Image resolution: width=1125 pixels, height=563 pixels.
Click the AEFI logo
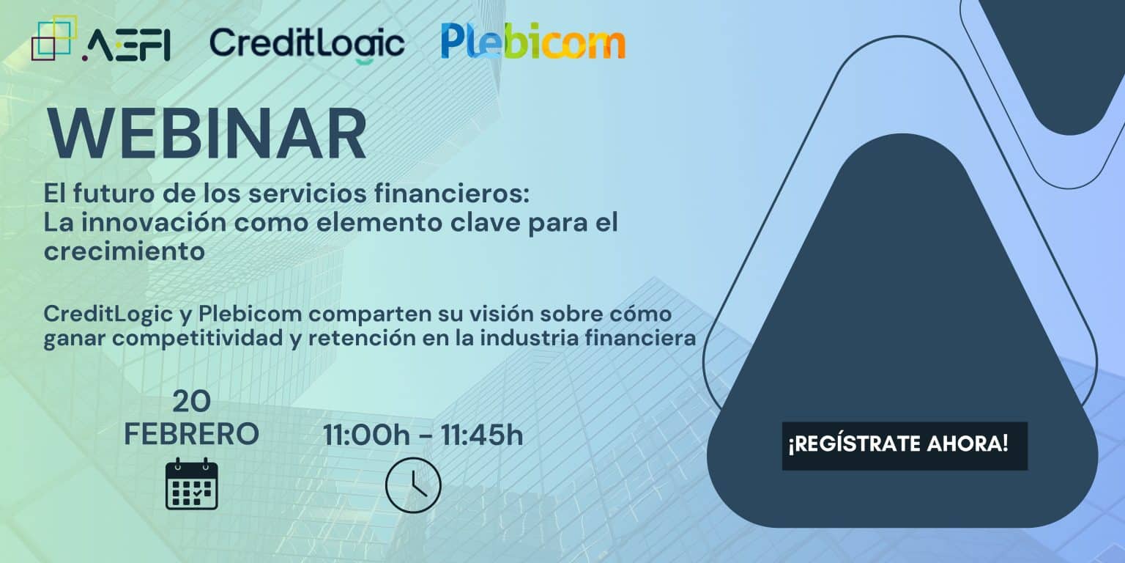(101, 39)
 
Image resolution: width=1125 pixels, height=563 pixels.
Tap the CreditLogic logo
(307, 44)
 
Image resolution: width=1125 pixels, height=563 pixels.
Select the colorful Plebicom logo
(533, 41)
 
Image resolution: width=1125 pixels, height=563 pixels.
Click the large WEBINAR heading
(207, 133)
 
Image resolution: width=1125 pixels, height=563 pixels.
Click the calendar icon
(191, 484)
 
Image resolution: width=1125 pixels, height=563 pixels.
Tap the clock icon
(413, 485)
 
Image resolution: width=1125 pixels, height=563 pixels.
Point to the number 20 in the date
(191, 402)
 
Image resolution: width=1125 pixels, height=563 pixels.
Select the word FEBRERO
(191, 434)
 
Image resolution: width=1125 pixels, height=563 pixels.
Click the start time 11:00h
(366, 435)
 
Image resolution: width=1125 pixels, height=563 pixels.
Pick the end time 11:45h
(482, 435)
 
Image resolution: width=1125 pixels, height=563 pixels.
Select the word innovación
(155, 223)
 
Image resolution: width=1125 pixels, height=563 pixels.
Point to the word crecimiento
(124, 251)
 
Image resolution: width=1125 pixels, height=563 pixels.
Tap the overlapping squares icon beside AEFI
(54, 38)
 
